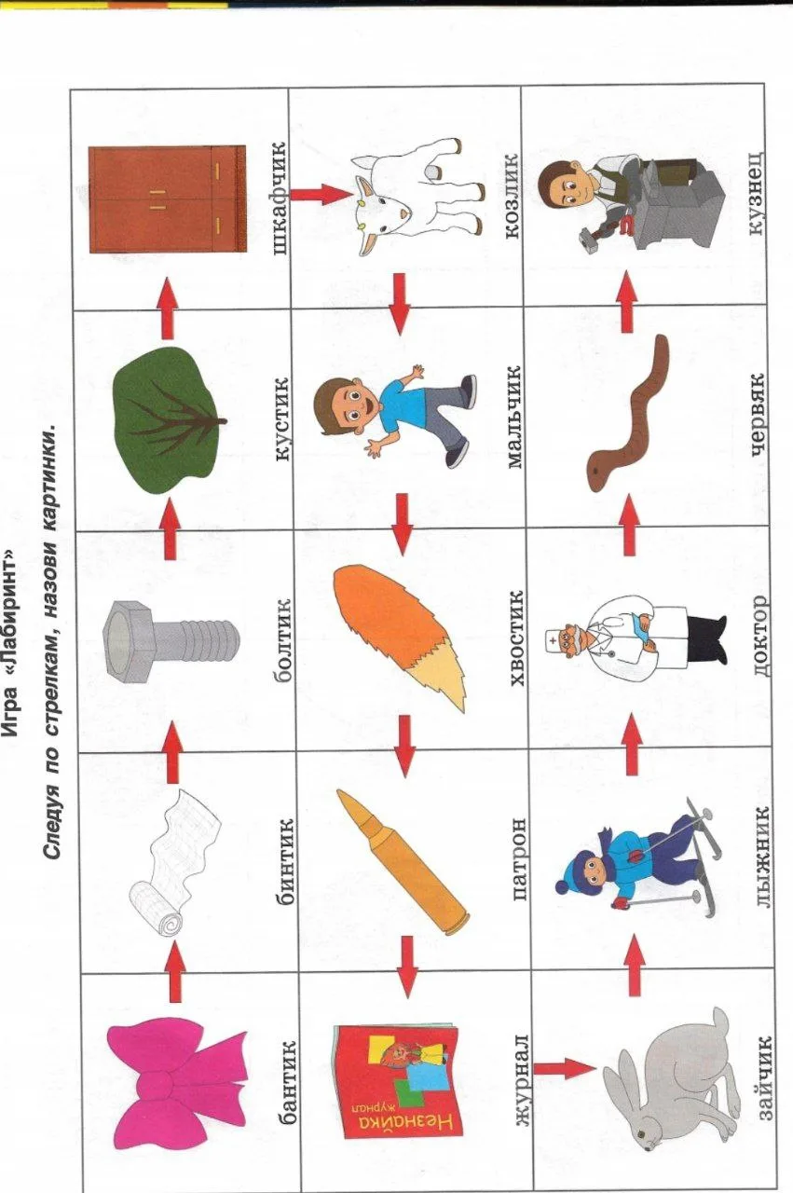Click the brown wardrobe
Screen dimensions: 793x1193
pos(167,199)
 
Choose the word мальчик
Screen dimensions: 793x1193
pos(512,417)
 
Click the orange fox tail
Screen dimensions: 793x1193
pos(400,637)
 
